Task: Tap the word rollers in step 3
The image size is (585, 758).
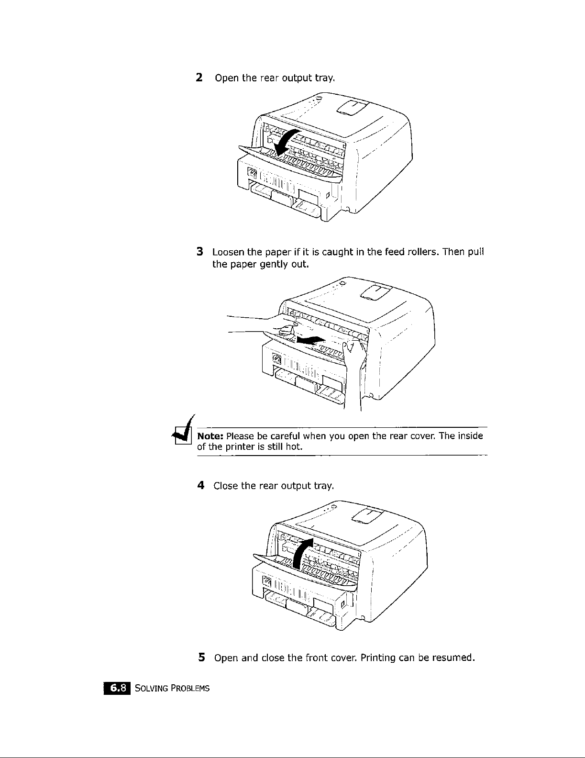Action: coord(422,252)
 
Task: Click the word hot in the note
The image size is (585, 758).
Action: coord(292,447)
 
